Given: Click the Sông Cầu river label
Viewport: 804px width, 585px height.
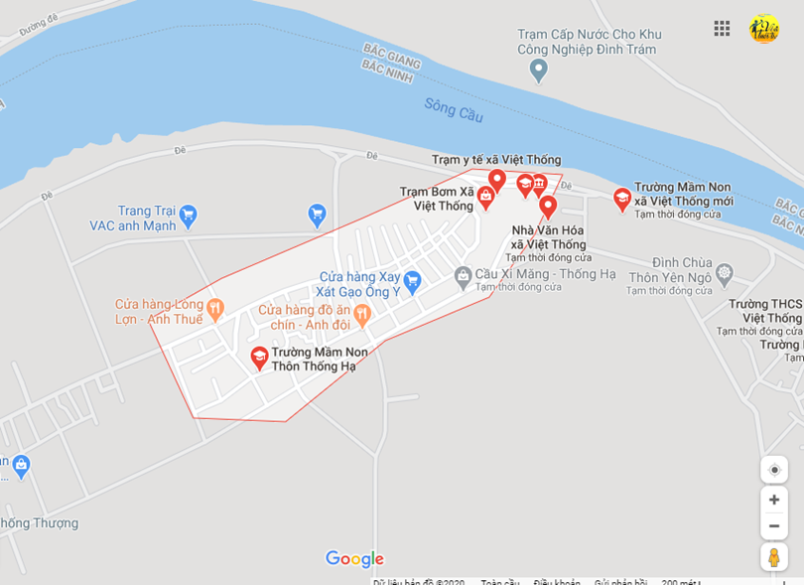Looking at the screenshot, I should point(454,109).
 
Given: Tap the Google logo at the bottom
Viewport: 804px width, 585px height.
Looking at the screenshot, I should point(354,559).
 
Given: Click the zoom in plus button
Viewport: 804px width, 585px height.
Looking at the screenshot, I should point(774,500).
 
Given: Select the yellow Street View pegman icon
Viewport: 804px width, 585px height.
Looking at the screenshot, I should point(774,557).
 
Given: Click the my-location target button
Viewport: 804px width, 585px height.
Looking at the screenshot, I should point(774,470).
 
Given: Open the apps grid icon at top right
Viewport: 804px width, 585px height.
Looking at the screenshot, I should point(722,28).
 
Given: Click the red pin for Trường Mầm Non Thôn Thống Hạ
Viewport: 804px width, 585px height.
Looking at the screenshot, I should point(259,358).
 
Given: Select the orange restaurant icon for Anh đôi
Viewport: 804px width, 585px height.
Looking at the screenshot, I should point(361,315).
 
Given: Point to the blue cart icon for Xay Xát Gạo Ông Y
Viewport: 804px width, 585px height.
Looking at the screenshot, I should point(412,281).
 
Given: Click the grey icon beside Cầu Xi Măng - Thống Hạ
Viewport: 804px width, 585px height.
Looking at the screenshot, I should point(463,275).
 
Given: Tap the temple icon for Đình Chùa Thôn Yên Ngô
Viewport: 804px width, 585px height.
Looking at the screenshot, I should point(725,272).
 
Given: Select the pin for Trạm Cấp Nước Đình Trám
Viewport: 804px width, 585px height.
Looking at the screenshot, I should point(539,71).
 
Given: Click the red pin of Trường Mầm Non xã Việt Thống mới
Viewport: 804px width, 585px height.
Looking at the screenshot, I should point(622,199).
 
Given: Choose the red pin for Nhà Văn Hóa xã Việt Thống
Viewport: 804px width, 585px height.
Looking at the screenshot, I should point(548,207).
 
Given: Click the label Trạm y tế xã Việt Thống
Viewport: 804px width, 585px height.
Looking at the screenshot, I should point(496,160).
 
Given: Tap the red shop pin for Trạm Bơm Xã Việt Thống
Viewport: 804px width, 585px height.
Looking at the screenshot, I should point(486,197).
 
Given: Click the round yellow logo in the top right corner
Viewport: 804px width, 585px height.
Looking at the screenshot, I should point(764,29).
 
